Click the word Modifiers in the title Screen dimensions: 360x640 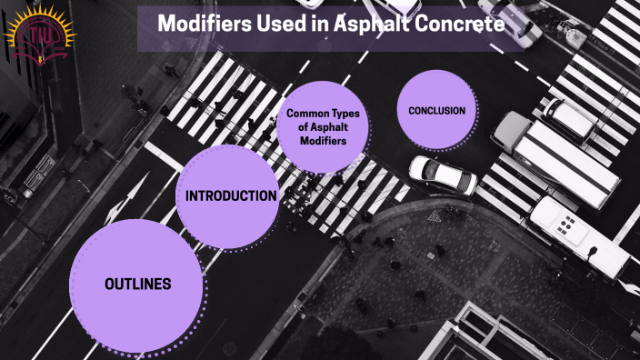pyautogui.click(x=202, y=24)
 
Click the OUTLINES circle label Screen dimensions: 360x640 pyautogui.click(x=138, y=284)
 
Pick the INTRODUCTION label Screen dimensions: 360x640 pyautogui.click(x=231, y=195)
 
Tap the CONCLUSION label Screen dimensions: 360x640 pyautogui.click(x=436, y=111)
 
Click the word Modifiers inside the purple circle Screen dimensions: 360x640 pyautogui.click(x=324, y=140)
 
